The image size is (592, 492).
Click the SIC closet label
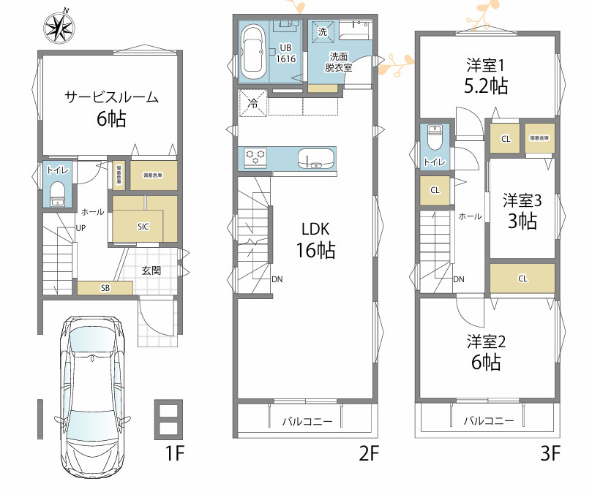coord(143,227)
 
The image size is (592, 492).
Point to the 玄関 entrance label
coord(151,270)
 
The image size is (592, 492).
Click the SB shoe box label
coord(105,288)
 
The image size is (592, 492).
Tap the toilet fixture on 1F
coord(57,194)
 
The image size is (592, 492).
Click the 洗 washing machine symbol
coord(323,31)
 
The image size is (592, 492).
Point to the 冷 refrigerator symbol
coord(253,103)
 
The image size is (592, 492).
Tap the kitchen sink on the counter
coord(315,158)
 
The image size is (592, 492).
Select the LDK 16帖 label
coord(315,240)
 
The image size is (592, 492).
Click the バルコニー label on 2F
coord(308,422)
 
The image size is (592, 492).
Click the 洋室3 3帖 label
coord(521,211)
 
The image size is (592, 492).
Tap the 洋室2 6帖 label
coord(486,352)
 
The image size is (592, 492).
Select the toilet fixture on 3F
coord(435,140)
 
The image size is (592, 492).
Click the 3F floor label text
coord(550,454)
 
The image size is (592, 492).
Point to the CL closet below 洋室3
coord(522,278)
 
